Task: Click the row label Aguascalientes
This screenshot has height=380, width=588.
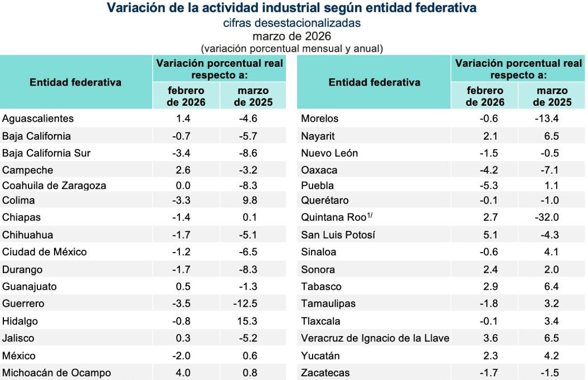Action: click(x=38, y=119)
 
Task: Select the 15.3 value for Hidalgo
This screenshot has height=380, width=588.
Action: click(x=247, y=321)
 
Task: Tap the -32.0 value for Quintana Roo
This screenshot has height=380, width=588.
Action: click(x=547, y=217)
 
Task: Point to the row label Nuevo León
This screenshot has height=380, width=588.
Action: click(x=329, y=153)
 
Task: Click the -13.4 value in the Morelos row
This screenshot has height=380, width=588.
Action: click(x=547, y=119)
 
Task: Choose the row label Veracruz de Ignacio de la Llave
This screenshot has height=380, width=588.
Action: click(x=375, y=338)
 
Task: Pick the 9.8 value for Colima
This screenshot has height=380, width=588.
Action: click(x=250, y=200)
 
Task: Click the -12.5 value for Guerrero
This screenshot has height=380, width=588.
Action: click(x=245, y=303)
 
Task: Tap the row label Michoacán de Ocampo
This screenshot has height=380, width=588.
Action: click(x=57, y=373)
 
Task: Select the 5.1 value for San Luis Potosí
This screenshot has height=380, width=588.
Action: click(x=490, y=235)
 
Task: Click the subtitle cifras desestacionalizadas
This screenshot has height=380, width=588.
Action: click(x=291, y=23)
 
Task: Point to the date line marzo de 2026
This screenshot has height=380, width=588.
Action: click(x=291, y=36)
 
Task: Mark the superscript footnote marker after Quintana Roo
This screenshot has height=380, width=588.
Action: click(x=370, y=215)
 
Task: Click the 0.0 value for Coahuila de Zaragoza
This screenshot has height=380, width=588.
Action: click(x=183, y=185)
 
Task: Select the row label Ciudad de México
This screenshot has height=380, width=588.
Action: click(x=44, y=252)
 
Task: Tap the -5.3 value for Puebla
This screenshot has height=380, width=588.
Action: click(x=489, y=185)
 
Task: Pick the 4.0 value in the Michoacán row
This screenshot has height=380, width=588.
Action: click(x=183, y=373)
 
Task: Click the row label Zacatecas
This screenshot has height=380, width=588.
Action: click(x=325, y=373)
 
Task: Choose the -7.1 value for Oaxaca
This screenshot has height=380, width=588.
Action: click(x=550, y=170)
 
